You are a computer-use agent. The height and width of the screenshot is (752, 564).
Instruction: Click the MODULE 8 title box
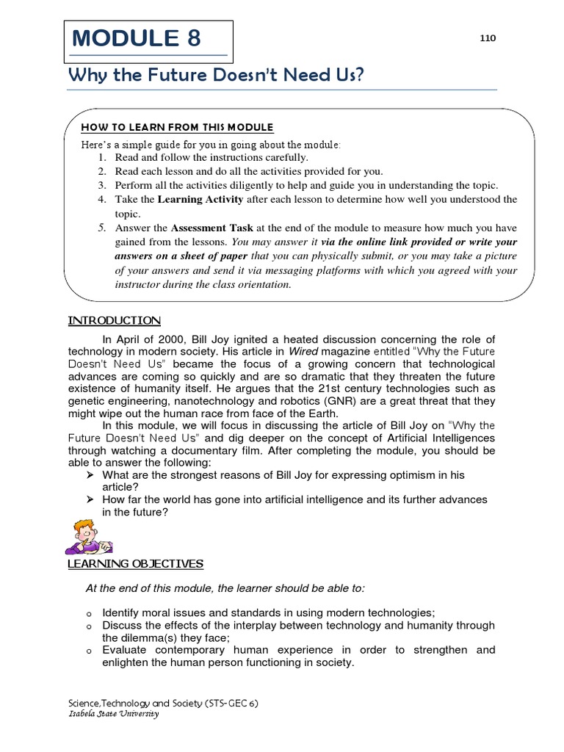pos(149,40)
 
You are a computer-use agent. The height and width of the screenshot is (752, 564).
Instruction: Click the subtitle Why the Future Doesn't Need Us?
pos(215,76)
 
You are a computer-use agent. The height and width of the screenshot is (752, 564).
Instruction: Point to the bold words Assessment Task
pos(212,228)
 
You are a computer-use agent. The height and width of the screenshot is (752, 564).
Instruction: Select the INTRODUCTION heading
pos(114,320)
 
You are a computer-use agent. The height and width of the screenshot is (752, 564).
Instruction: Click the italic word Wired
pos(300,351)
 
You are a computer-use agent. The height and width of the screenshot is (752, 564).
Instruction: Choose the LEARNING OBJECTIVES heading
pos(135,563)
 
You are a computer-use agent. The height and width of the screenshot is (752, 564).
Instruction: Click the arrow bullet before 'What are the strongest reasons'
pos(90,475)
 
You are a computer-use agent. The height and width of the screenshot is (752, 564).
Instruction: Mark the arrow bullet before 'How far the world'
pos(90,499)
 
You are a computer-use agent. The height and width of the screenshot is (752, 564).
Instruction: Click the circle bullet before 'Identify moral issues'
pos(88,613)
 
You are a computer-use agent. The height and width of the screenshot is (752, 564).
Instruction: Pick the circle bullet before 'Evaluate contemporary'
pos(88,651)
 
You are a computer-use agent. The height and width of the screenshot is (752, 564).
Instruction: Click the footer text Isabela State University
pos(113,714)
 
